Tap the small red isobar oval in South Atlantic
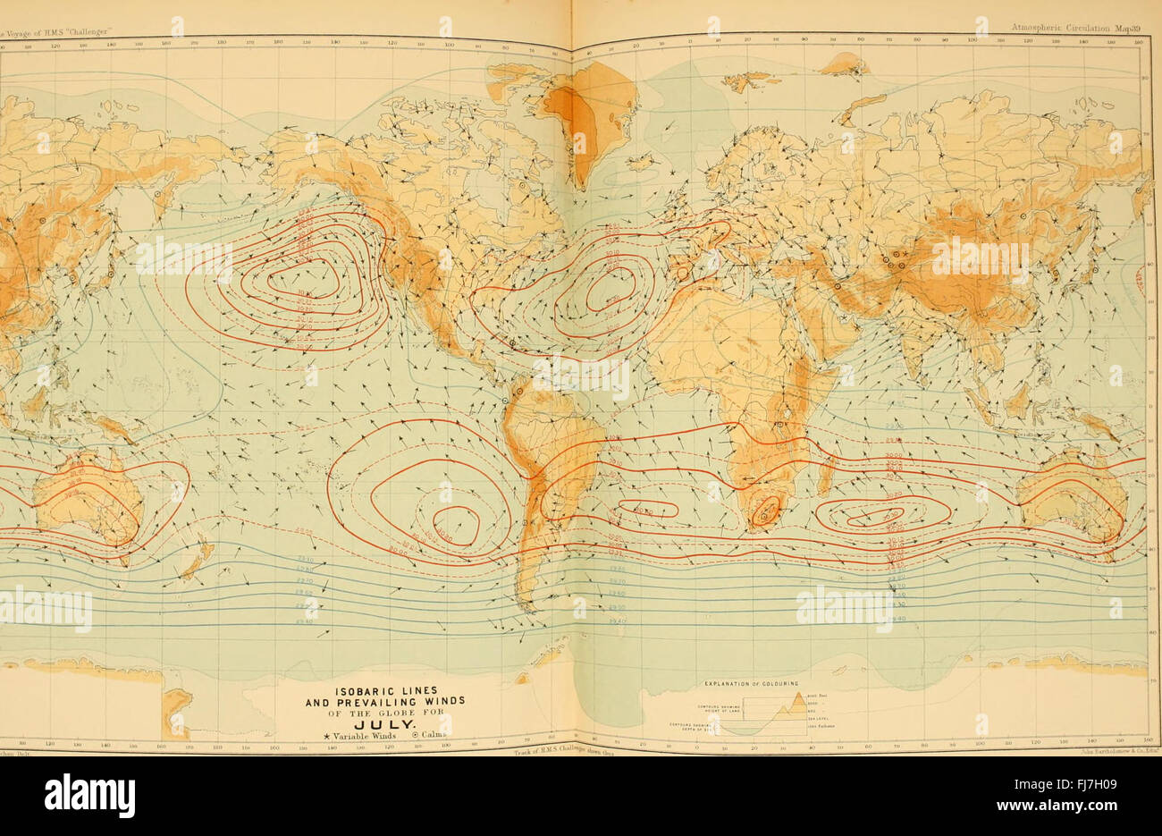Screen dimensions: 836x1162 pos(649,510)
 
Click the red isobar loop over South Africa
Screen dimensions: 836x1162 pos(764,513)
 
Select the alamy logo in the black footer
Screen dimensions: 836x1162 pos(89,795)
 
